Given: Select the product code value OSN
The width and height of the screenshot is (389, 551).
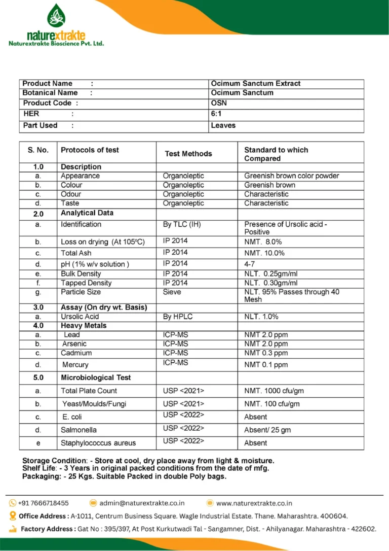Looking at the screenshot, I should (218, 103).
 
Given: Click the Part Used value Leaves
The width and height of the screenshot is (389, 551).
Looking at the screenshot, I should (223, 125).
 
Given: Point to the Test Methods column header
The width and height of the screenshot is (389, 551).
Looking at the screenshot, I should (188, 154).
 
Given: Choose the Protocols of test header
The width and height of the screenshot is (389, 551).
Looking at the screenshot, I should (90, 150).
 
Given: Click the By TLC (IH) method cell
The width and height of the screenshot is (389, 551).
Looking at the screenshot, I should (182, 224).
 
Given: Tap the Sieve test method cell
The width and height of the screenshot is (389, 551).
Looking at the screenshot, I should (172, 292).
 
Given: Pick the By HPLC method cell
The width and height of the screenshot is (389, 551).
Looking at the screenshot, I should (178, 317).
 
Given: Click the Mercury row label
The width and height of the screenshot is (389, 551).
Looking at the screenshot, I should (75, 365).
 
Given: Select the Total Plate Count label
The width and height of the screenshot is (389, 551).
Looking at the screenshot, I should (89, 391).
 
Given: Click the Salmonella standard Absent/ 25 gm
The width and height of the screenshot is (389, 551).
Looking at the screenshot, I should (267, 430).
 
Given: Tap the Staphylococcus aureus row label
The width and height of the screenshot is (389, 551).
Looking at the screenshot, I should (98, 443).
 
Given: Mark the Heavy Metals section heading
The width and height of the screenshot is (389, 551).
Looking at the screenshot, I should (84, 326).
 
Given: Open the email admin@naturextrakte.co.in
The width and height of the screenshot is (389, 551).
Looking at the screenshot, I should (142, 503).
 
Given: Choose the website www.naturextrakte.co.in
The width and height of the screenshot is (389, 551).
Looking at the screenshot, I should (254, 503).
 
